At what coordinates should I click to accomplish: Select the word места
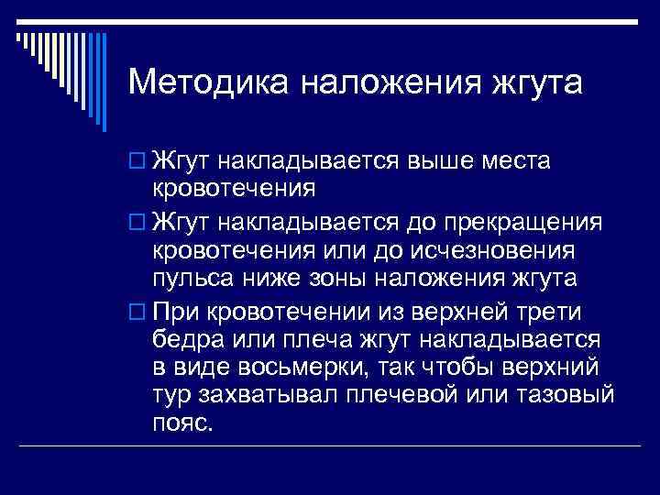515,162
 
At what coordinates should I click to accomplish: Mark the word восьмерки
289,368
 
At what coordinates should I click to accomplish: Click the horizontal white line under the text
330,445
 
